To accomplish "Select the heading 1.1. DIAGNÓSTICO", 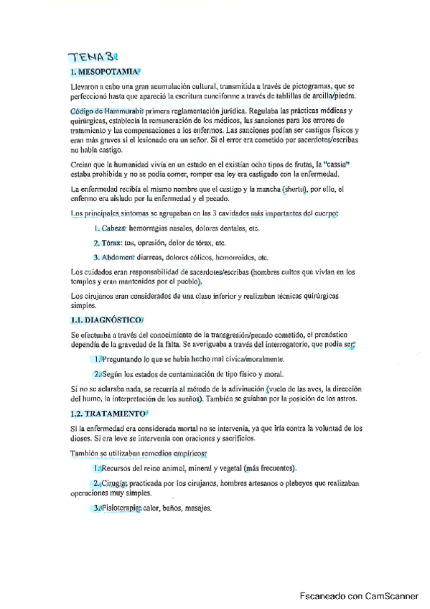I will [x=106, y=320].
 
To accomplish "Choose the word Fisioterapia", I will [x=121, y=508].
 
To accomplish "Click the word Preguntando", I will [x=126, y=358].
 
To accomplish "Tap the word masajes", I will [x=197, y=508].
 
